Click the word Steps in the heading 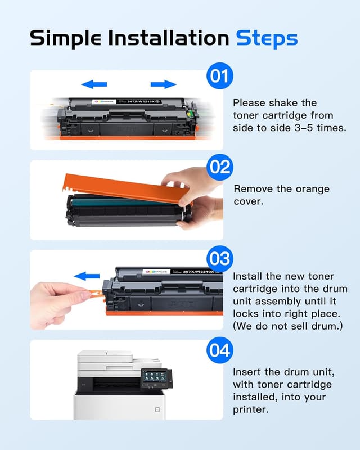tap(266, 38)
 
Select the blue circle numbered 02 tap(219, 167)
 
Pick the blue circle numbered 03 tap(219, 258)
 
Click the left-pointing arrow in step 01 tap(94, 84)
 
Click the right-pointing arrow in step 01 tap(164, 84)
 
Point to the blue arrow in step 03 tap(88, 276)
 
